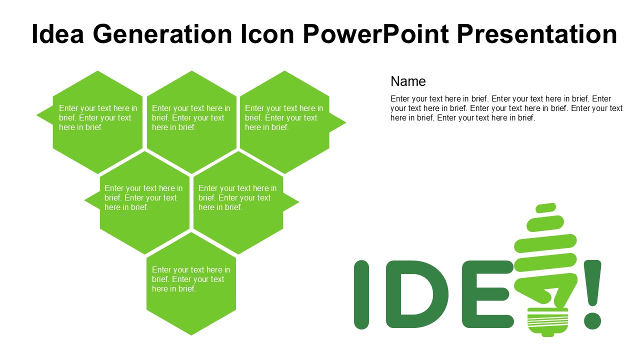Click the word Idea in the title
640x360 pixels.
pyautogui.click(x=57, y=34)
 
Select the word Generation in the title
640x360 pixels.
pyautogui.click(x=162, y=34)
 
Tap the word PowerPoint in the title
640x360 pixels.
pyautogui.click(x=375, y=34)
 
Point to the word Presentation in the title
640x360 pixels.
pyautogui.click(x=537, y=34)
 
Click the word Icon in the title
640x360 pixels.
pyautogui.click(x=267, y=34)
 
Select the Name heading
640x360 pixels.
pyautogui.click(x=408, y=81)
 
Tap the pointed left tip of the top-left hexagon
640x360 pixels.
pyautogui.click(x=36, y=115)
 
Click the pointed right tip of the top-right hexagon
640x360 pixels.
pyautogui.click(x=346, y=122)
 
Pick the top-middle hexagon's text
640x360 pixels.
pyautogui.click(x=191, y=117)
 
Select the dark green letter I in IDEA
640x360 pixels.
pyautogui.click(x=361, y=294)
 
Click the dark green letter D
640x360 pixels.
pyautogui.click(x=417, y=294)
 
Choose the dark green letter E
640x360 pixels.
pyautogui.click(x=487, y=294)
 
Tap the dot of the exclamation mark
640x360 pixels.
pyautogui.click(x=592, y=321)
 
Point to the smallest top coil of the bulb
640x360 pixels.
pyautogui.click(x=545, y=207)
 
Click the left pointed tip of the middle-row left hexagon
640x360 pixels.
pyautogui.click(x=84, y=200)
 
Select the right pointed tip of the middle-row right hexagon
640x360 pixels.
pyautogui.click(x=299, y=202)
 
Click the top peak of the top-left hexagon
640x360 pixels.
pyautogui.click(x=97, y=71)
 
